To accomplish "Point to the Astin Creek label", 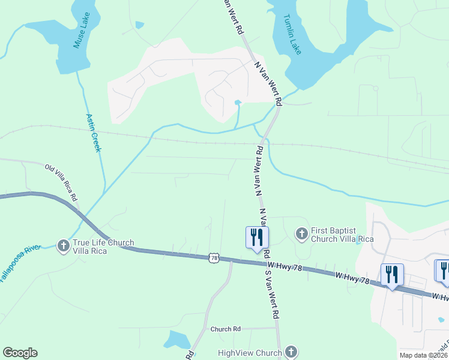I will pyautogui.click(x=94, y=133).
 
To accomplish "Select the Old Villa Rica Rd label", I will pyautogui.click(x=61, y=181).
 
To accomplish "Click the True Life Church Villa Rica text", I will pyautogui.click(x=103, y=247).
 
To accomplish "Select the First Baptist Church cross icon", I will pyautogui.click(x=301, y=233).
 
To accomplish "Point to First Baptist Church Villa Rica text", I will pyautogui.click(x=342, y=235).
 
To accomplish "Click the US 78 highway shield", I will pyautogui.click(x=214, y=257).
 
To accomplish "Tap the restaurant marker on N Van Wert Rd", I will pyautogui.click(x=256, y=236).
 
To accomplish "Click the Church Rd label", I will pyautogui.click(x=225, y=329).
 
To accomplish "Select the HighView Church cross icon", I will pyautogui.click(x=291, y=352).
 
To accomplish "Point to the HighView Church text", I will pyautogui.click(x=250, y=353).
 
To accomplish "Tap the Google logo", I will pyautogui.click(x=20, y=353).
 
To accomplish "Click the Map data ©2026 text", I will pyautogui.click(x=423, y=355).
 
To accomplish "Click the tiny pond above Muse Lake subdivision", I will pyautogui.click(x=140, y=25).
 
